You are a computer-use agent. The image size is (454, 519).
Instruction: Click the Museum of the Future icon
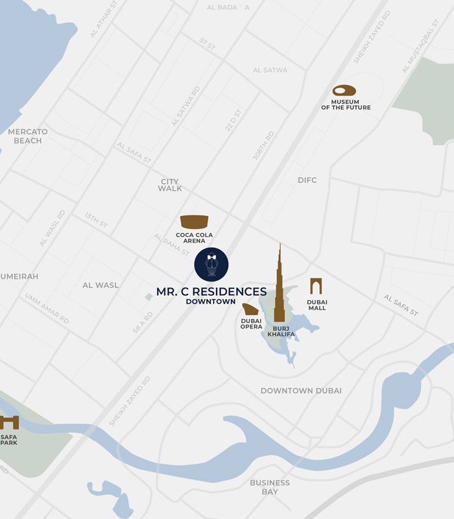(344, 91)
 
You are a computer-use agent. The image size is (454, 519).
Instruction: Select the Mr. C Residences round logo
(211, 264)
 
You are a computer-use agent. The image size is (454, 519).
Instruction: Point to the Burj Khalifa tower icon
(280, 289)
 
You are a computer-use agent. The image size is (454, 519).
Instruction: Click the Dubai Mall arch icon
(316, 286)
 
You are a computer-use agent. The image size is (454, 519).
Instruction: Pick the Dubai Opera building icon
(250, 309)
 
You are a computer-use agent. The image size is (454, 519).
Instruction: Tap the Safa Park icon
(9, 422)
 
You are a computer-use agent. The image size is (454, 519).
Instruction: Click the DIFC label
(307, 180)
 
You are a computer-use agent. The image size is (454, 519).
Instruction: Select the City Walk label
(170, 185)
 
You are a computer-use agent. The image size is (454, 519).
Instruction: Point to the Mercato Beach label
(28, 136)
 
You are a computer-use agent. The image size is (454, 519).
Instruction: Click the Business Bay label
(270, 487)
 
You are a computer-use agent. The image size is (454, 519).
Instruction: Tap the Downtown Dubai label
(301, 391)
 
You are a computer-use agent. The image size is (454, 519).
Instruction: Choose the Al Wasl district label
(101, 285)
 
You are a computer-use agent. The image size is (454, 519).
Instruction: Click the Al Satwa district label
(270, 70)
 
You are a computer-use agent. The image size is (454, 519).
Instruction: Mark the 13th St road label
(95, 220)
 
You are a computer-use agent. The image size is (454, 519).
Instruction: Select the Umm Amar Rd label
(47, 308)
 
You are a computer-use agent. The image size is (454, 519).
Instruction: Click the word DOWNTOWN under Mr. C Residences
(211, 302)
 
